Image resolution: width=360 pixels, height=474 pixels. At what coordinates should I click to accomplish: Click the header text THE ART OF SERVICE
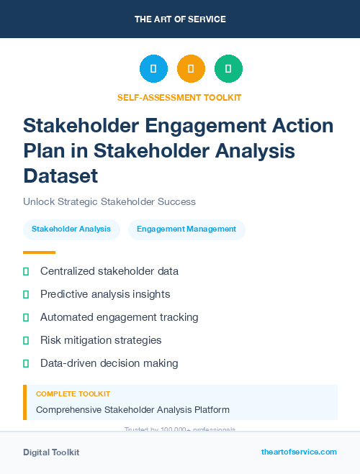[x=179, y=19]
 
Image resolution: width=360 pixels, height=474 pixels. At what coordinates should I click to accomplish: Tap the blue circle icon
[x=153, y=68]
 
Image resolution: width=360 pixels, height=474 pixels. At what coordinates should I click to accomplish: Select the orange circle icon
[x=191, y=68]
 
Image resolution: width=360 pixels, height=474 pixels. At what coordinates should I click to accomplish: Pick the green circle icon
[x=228, y=68]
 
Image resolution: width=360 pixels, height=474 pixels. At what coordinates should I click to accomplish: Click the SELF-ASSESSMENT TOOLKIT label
[x=179, y=97]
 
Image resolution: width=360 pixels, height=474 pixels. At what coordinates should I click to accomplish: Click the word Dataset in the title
[x=60, y=176]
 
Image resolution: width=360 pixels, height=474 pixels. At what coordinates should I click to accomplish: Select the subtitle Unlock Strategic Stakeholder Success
[x=109, y=201]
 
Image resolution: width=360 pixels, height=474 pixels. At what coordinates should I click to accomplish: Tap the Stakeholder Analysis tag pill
[x=71, y=229]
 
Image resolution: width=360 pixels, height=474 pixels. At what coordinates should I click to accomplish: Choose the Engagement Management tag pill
[x=186, y=229]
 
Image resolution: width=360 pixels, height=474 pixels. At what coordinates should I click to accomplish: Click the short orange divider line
[x=39, y=252]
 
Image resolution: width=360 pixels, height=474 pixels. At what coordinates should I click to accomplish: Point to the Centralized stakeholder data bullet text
[x=109, y=271]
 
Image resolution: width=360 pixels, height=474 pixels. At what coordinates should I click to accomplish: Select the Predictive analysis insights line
[x=105, y=294]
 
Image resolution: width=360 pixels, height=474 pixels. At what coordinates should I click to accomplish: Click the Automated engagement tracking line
[x=120, y=317]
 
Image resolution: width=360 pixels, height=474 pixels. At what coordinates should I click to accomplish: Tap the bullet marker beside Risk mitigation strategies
[x=26, y=340]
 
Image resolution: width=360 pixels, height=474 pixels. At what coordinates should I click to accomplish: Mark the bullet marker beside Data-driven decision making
[x=26, y=363]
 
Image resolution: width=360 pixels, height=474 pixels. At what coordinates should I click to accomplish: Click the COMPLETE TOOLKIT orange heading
[x=73, y=394]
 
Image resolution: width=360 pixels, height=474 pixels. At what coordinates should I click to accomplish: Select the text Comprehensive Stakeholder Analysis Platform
[x=132, y=410]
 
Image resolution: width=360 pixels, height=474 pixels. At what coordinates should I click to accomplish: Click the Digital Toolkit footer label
[x=51, y=452]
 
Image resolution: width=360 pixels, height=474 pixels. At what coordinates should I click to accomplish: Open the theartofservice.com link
[x=299, y=452]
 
